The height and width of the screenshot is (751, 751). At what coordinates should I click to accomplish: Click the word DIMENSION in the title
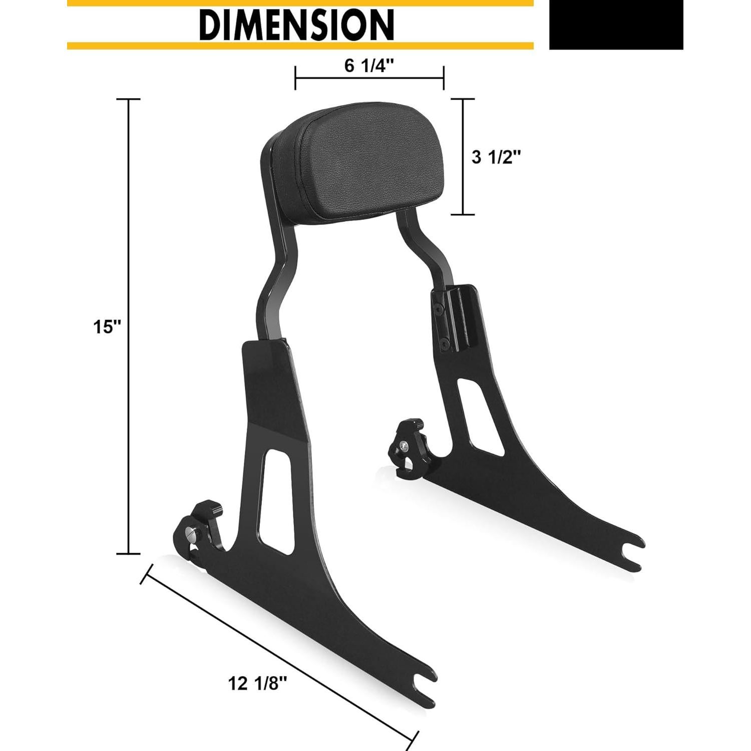pos(296,25)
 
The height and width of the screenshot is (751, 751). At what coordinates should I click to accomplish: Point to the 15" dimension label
pos(107,327)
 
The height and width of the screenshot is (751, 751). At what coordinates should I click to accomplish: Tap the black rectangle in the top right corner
pos(616,25)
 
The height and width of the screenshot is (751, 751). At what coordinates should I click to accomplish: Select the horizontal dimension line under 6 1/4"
pos(369,78)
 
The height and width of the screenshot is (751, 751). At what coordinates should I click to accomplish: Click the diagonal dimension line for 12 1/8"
pos(280,656)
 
